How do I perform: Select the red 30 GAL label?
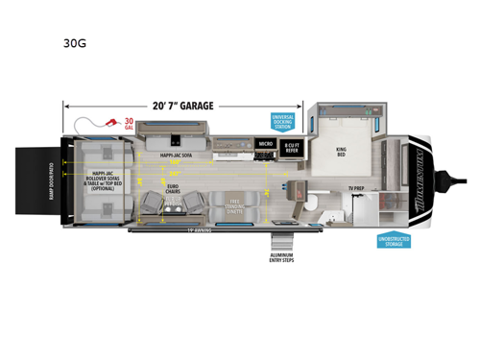[129, 124]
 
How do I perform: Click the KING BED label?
[340, 152]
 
